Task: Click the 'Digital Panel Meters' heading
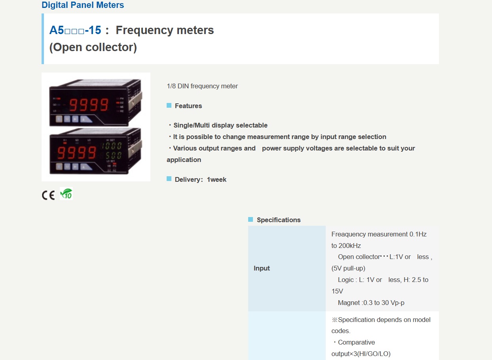(83, 5)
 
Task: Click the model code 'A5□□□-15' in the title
(75, 30)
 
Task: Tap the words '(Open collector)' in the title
(93, 47)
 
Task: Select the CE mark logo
(48, 195)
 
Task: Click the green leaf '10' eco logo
(66, 194)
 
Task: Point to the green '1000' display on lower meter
(111, 146)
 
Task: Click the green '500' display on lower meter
(113, 155)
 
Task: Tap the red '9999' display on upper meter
(89, 105)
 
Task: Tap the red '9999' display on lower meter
(77, 153)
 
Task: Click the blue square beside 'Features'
(169, 105)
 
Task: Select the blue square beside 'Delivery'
(169, 179)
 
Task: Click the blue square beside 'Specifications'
(251, 219)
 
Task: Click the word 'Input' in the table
(262, 269)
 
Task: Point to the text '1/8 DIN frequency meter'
(202, 86)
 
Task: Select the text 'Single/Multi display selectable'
(220, 125)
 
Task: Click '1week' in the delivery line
(217, 179)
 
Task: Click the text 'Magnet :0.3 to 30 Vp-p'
(371, 303)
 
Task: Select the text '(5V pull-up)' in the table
(348, 269)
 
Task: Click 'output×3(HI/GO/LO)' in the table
(361, 354)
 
